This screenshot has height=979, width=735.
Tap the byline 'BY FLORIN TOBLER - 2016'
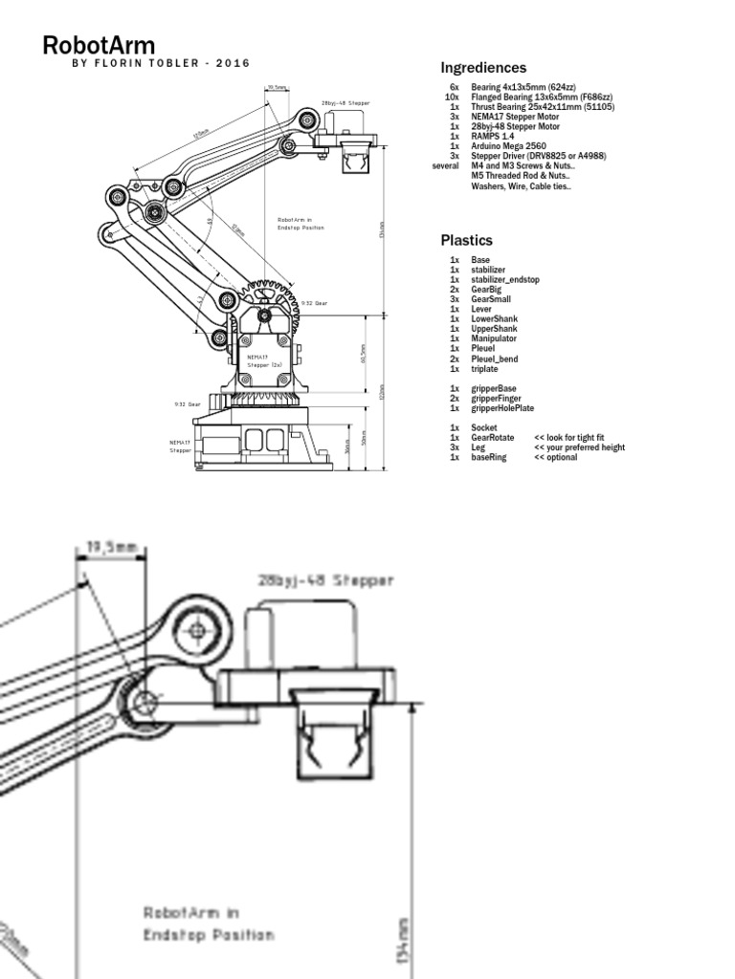coord(161,64)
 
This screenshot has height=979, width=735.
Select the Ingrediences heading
coord(483,68)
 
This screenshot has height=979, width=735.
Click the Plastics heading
coord(466,240)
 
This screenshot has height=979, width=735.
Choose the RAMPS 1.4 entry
coord(493,136)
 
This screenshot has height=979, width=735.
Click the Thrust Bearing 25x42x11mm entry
coord(543,107)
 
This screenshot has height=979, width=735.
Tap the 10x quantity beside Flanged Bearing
coord(453,97)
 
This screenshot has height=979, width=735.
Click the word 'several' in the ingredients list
coord(446,166)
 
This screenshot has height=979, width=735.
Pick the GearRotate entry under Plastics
coord(493,437)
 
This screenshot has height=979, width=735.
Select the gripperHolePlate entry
coord(502,408)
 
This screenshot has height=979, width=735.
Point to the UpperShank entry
coord(495,329)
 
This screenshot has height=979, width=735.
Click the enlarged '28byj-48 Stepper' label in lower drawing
coord(325,580)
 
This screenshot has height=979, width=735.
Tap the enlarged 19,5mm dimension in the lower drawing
coord(111,548)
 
